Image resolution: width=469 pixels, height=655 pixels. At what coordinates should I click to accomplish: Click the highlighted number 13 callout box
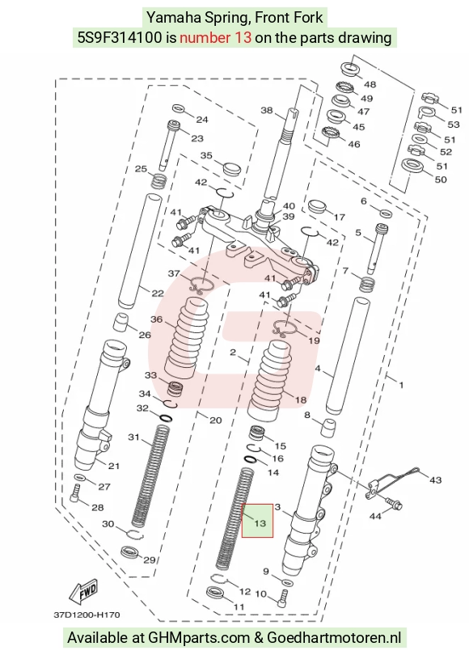point(258,521)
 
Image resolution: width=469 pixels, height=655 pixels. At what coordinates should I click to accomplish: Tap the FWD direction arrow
point(84,590)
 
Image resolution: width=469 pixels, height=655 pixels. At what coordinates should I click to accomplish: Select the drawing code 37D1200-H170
point(87,615)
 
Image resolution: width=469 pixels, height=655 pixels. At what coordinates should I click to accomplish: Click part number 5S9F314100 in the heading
point(120,38)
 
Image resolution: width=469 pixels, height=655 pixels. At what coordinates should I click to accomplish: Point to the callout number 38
point(267,110)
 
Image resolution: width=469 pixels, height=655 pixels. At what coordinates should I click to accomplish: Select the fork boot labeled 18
point(270,380)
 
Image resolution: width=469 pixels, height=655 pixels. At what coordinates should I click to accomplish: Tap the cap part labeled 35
point(233,169)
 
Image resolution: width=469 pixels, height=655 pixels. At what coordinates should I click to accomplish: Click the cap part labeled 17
point(317,208)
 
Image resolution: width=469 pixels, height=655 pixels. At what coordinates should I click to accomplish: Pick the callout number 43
point(436,480)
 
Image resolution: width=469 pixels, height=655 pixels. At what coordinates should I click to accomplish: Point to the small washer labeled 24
point(178,108)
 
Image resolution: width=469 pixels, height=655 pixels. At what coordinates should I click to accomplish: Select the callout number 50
point(441,180)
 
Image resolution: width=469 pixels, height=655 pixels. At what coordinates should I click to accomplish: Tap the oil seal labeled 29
point(131,552)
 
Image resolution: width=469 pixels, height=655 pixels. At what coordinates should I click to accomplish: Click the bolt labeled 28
point(74,495)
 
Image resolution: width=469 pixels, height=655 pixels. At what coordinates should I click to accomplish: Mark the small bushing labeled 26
point(121,322)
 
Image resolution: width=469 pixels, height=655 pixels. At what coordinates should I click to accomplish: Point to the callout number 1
point(401,384)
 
